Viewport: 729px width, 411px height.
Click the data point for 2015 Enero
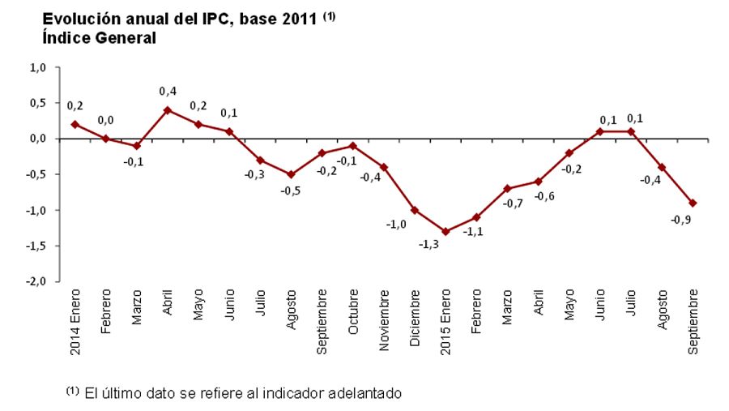pyautogui.click(x=446, y=231)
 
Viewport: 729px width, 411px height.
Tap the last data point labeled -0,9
pyautogui.click(x=693, y=203)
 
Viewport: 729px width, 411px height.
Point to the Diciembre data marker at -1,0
pyautogui.click(x=415, y=210)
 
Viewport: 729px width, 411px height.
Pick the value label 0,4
pyautogui.click(x=168, y=91)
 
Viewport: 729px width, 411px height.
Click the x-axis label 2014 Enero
pyautogui.click(x=75, y=322)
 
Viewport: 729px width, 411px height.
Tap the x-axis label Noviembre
pyautogui.click(x=384, y=319)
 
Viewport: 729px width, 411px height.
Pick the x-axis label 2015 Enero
pyautogui.click(x=446, y=322)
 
